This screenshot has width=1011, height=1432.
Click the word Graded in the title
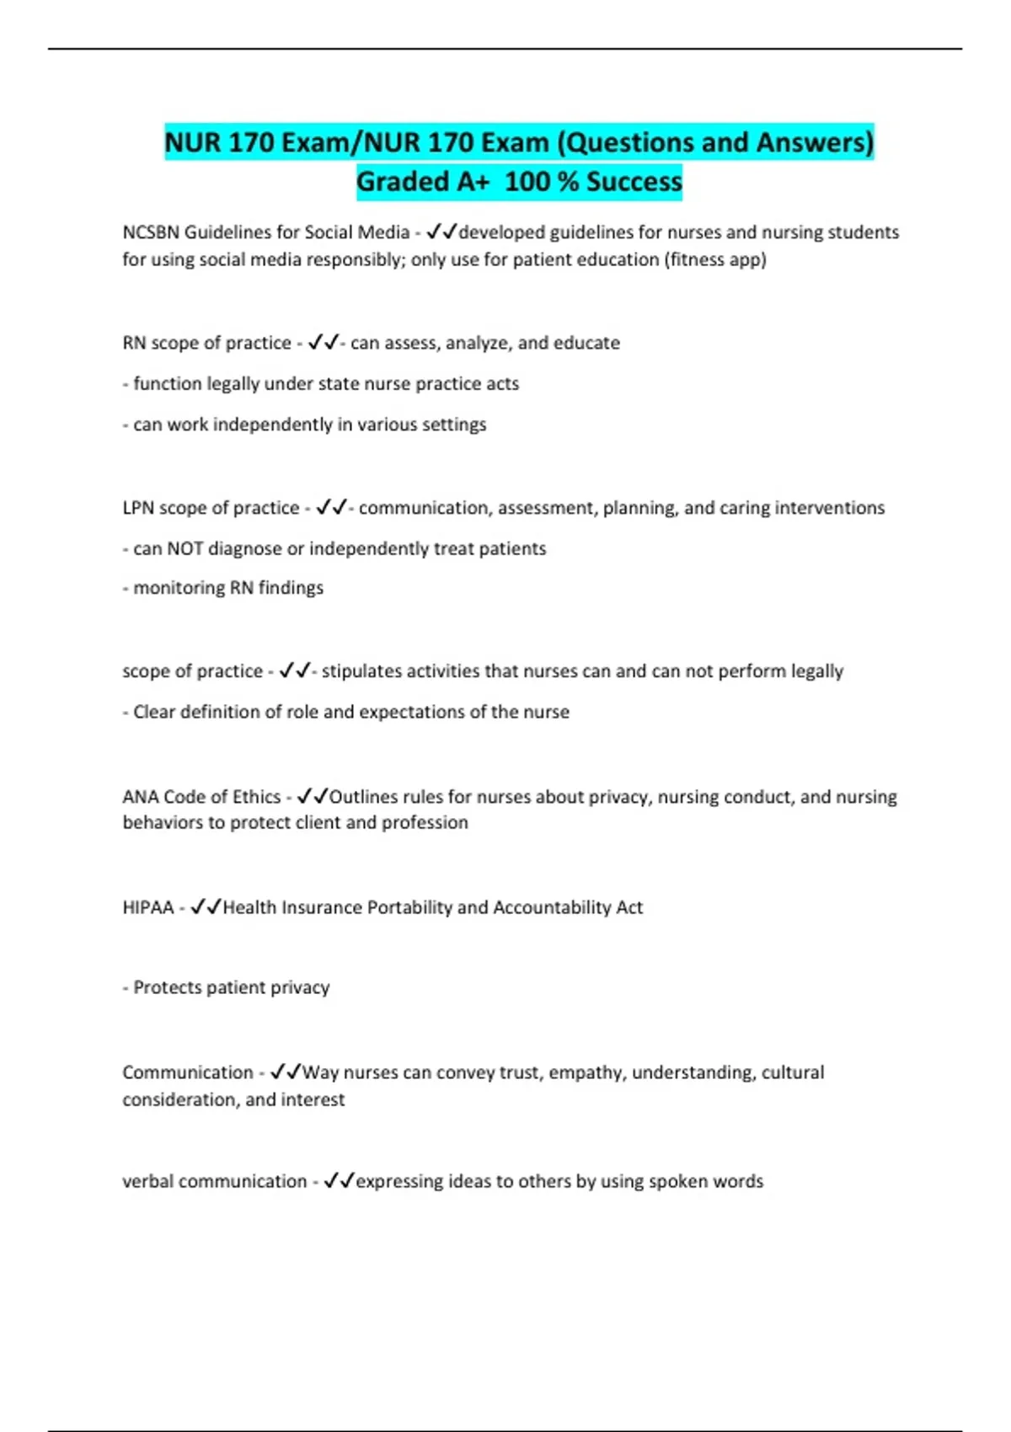403,181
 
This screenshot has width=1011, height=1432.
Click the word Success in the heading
634,181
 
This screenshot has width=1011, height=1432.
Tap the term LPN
138,508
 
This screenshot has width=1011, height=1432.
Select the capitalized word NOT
185,548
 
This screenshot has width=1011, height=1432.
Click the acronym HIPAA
148,907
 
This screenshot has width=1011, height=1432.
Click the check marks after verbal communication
339,1181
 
